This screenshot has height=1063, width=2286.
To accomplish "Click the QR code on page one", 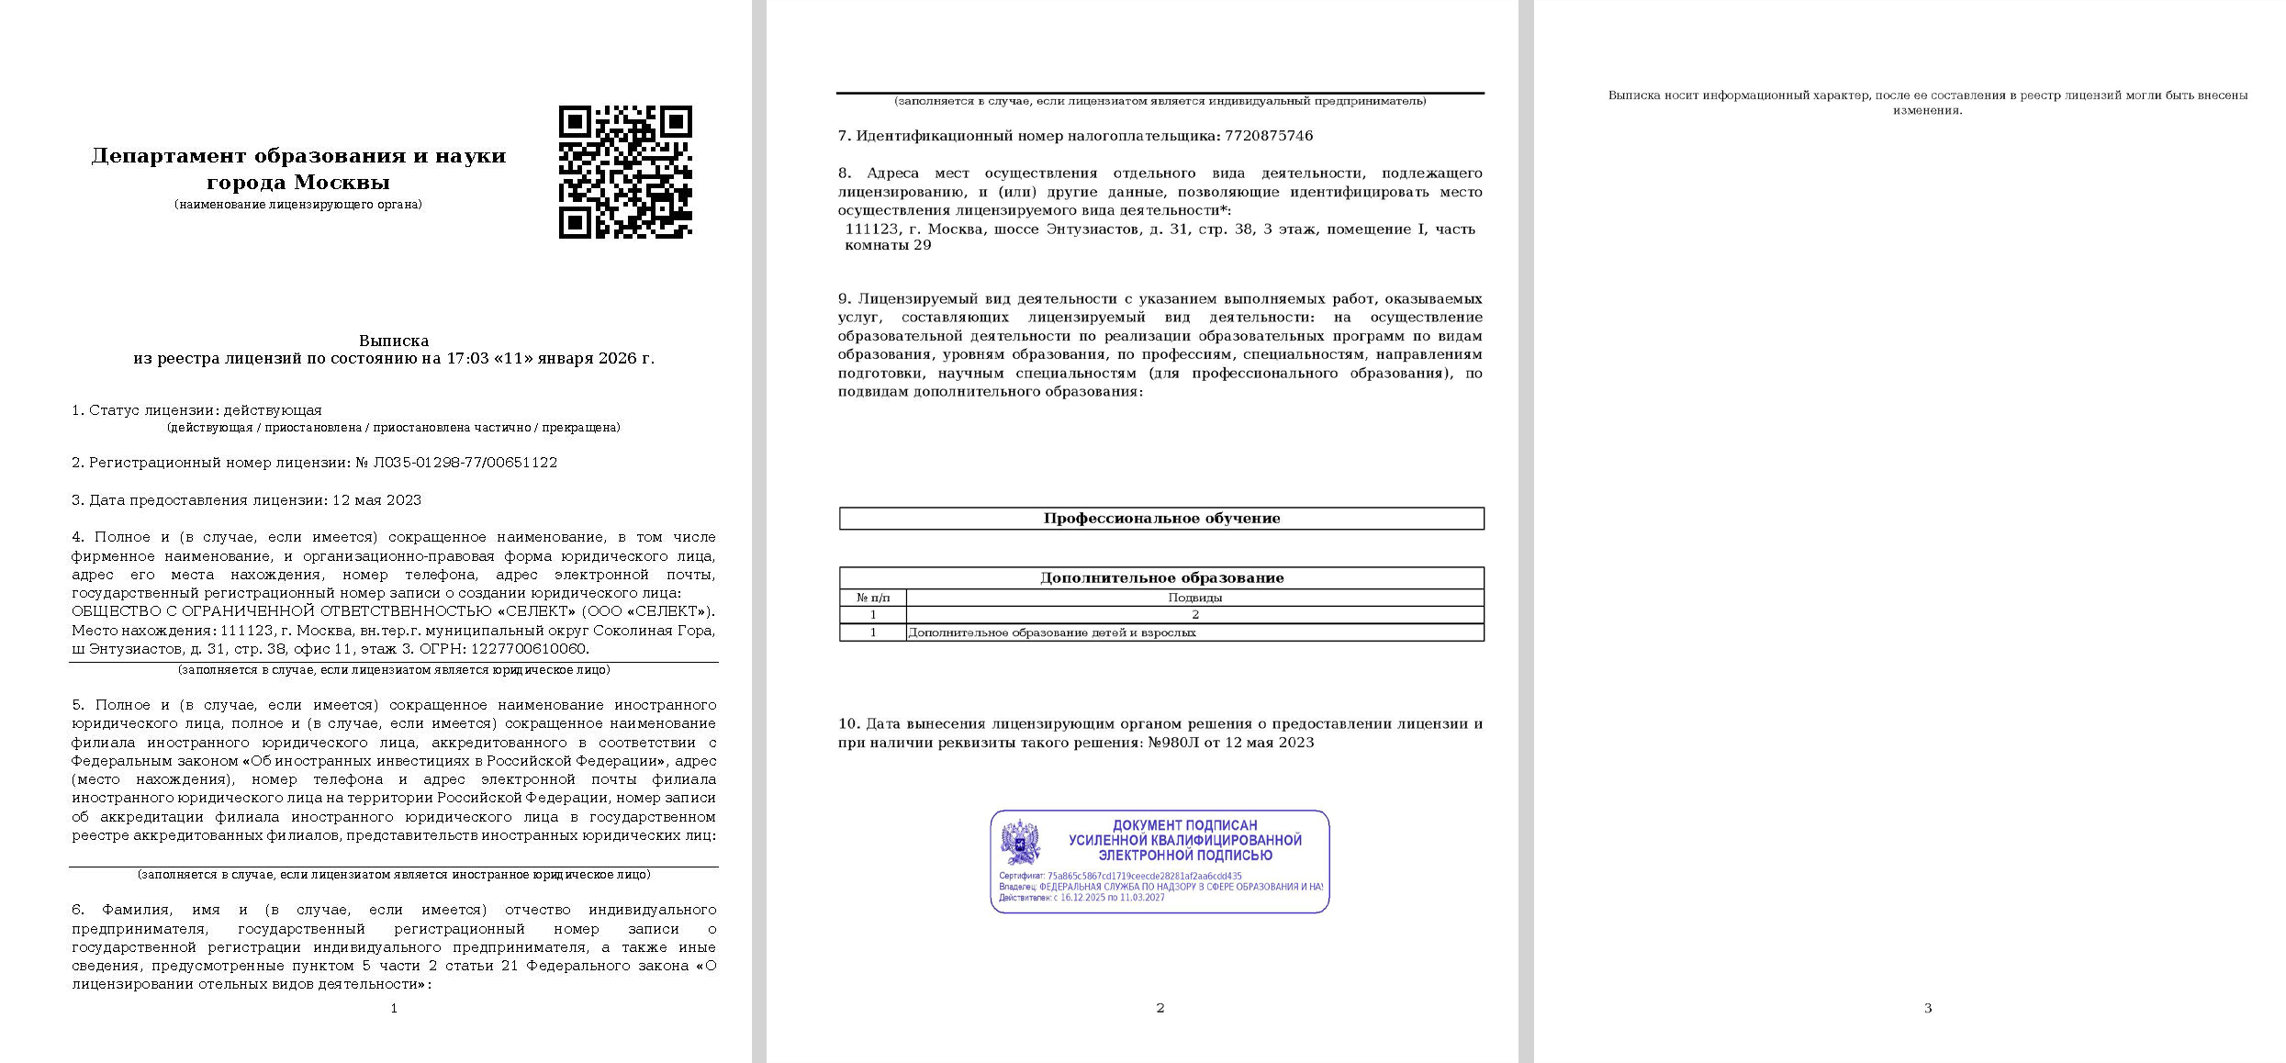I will pos(625,173).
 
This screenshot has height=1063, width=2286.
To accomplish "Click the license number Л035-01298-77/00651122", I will pos(465,463).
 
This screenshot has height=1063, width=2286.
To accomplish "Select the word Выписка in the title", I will pos(394,341).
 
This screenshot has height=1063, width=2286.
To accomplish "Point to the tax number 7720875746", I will pos(1268,136).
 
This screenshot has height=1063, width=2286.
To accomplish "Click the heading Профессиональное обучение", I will pos(1161,519).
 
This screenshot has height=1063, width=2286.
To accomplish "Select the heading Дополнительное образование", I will pos(1161,578).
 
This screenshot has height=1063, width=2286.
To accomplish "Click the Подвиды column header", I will pos(1194,598).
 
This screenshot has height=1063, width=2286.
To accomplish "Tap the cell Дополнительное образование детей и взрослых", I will pos(1052,632).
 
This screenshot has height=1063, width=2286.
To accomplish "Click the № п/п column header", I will pos(872,598).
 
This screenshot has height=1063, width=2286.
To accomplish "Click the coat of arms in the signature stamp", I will pos(1020,841).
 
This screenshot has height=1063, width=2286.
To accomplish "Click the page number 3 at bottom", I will pos(1927,1008).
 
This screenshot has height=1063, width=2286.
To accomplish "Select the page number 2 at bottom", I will pos(1160,1008).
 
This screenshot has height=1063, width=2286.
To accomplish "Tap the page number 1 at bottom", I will pos(394,1008).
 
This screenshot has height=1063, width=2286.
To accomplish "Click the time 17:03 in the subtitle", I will pos(466,358).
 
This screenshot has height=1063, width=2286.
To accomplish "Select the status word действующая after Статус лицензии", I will pos(273,410).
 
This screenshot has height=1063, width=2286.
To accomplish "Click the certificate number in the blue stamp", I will pos(1144,877).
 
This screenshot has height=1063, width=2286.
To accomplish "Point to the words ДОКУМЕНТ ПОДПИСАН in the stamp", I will pos(1184,825).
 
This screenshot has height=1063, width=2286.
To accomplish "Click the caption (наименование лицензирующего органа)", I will pos(298,205).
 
